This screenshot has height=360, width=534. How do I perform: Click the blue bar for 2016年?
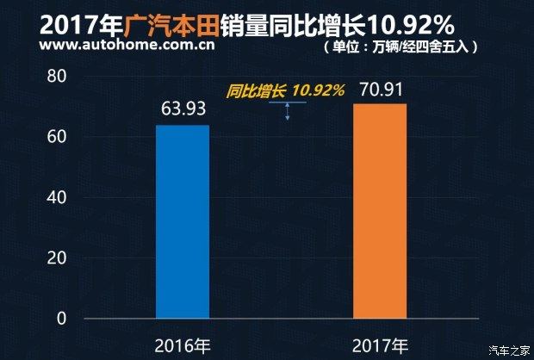(183, 221)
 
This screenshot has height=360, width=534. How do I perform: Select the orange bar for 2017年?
(380, 211)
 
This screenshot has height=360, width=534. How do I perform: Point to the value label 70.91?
(380, 89)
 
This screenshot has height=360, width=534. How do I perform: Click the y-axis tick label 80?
(57, 77)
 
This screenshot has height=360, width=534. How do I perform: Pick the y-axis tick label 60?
(57, 137)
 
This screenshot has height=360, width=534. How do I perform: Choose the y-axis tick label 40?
(57, 197)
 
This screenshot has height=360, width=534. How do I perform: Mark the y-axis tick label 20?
(57, 258)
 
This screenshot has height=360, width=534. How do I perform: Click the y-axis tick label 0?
(61, 318)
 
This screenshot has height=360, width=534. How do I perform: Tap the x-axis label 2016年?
(183, 346)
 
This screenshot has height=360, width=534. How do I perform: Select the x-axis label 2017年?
(380, 346)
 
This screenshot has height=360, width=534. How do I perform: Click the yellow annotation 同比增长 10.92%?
(285, 90)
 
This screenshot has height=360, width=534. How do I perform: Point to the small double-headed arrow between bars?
(288, 109)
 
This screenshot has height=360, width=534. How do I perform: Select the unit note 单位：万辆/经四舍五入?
(403, 45)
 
